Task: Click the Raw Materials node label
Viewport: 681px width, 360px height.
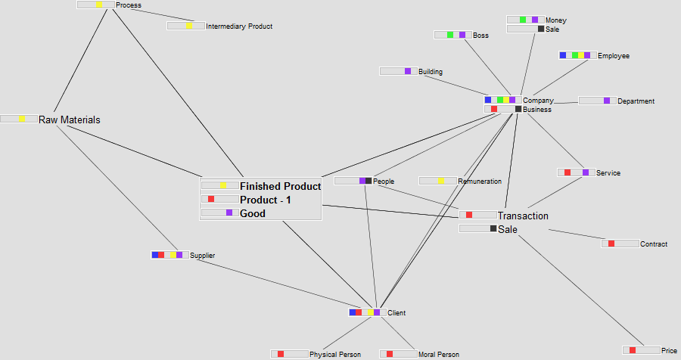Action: pyautogui.click(x=70, y=119)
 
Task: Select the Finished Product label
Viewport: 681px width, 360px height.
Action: pyautogui.click(x=280, y=186)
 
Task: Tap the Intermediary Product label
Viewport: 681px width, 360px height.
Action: pyautogui.click(x=239, y=26)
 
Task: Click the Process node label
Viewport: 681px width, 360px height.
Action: pyautogui.click(x=129, y=5)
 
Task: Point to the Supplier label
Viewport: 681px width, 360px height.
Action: pyautogui.click(x=202, y=256)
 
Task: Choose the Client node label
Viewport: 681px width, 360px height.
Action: pyautogui.click(x=396, y=312)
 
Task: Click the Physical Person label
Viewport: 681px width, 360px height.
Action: pyautogui.click(x=334, y=354)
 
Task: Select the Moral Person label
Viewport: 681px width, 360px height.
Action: pyautogui.click(x=438, y=354)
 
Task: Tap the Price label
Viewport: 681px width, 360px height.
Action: pyautogui.click(x=669, y=350)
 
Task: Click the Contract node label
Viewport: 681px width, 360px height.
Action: pyautogui.click(x=654, y=244)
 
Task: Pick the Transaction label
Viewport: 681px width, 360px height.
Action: pyautogui.click(x=523, y=216)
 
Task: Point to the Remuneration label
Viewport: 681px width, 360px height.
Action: pyautogui.click(x=480, y=182)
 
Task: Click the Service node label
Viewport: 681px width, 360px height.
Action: pyautogui.click(x=608, y=173)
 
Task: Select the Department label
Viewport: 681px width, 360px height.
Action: pyautogui.click(x=636, y=101)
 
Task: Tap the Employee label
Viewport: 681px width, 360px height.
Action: pyautogui.click(x=613, y=56)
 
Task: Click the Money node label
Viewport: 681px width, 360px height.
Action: pyautogui.click(x=555, y=20)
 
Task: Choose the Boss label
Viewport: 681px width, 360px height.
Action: pyautogui.click(x=480, y=35)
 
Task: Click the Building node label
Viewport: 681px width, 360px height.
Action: pyautogui.click(x=431, y=72)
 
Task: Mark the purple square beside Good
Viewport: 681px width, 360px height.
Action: pyautogui.click(x=229, y=213)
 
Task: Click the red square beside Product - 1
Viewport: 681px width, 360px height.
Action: pyautogui.click(x=211, y=200)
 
